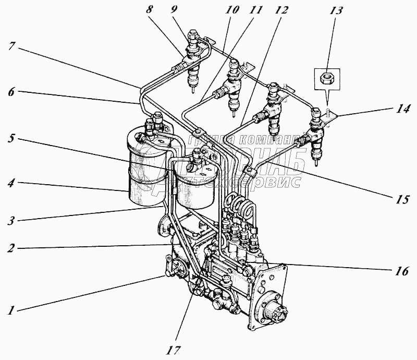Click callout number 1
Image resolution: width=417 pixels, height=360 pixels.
click(x=10, y=310)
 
